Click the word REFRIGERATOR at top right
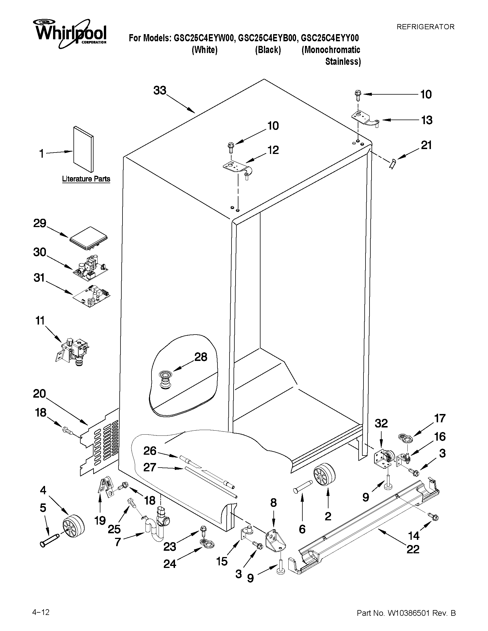(x=425, y=27)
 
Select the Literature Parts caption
(x=86, y=179)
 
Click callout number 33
(x=160, y=90)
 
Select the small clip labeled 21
(x=392, y=164)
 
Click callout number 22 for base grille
(x=413, y=549)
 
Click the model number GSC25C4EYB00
(x=267, y=38)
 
